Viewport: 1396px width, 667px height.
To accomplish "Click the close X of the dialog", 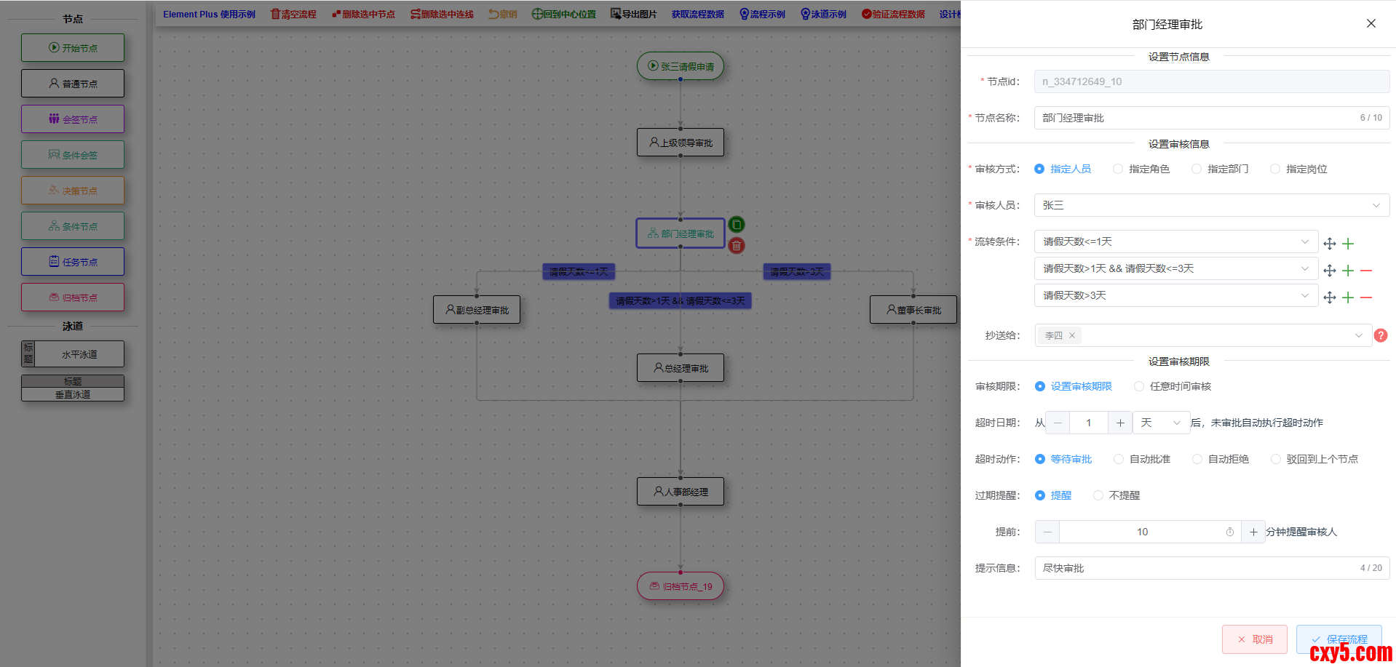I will [1371, 23].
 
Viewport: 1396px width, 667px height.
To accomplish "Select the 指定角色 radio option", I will [1118, 169].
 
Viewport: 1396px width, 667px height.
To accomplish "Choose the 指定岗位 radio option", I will [1275, 169].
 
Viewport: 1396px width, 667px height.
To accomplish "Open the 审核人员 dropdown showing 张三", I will [1211, 205].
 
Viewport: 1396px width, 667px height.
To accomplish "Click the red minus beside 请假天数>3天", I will [1366, 297].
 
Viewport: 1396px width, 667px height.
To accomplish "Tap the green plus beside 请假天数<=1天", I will [1348, 244].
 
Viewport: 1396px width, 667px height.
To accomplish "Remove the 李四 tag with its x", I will [1072, 335].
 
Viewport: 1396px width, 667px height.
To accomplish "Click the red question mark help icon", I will [1381, 335].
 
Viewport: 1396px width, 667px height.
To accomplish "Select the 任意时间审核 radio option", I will [1139, 386].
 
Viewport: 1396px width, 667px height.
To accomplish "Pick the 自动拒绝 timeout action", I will [1197, 459].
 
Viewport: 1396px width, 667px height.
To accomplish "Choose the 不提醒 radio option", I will [1098, 495].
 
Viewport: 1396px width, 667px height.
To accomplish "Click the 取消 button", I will [1255, 639].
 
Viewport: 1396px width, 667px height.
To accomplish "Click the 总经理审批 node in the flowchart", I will [681, 368].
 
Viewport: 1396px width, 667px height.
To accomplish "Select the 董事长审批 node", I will [913, 310].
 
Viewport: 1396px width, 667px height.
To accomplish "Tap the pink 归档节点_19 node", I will [681, 586].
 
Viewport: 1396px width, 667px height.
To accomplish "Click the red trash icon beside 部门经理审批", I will [737, 246].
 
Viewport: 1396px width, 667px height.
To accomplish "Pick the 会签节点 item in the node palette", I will [73, 119].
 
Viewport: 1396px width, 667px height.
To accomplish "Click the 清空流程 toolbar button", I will [293, 15].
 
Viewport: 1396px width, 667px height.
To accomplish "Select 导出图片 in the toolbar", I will [633, 15].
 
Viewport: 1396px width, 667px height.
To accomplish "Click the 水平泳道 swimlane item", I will [73, 354].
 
